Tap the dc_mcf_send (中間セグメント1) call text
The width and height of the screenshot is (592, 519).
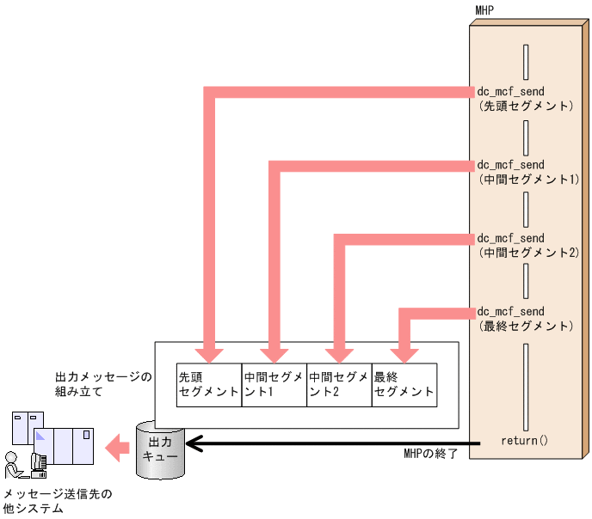pos(527,171)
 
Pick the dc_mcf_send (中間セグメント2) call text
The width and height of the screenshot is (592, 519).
pos(527,245)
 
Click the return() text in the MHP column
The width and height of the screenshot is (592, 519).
pos(524,441)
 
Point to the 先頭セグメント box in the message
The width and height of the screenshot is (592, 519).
pos(208,384)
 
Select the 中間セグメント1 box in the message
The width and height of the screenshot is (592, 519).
pos(274,384)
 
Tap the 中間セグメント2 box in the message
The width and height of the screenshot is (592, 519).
pos(338,384)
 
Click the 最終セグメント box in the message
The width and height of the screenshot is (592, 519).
pos(404,384)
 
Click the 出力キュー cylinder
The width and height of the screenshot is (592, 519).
pos(161,449)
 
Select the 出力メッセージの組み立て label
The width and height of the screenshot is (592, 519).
pos(102,384)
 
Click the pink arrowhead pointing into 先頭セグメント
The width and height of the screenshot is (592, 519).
pos(209,354)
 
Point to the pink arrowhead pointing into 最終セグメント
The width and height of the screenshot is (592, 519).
pos(401,354)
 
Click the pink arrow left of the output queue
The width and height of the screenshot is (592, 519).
pos(118,446)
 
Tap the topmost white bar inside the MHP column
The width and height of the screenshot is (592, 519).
pos(525,61)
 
